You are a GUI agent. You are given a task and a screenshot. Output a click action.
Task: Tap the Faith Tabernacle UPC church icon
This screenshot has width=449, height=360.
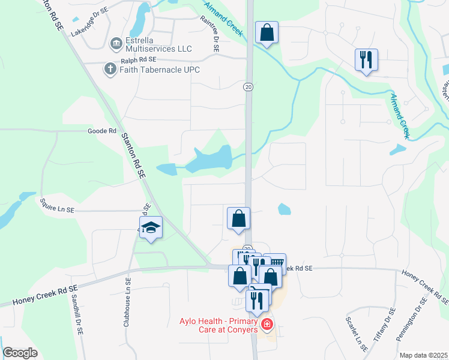coord(109,69)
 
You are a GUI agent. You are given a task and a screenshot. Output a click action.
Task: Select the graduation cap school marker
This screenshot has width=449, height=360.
coord(151,229)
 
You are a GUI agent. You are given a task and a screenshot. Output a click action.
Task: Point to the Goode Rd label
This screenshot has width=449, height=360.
coord(101,131)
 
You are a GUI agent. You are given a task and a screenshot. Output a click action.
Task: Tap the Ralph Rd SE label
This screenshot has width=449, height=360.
coord(137,59)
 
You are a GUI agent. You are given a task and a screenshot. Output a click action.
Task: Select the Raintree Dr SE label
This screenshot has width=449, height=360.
coord(216,34)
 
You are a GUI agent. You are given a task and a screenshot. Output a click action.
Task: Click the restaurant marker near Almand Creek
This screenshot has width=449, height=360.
coord(366,60)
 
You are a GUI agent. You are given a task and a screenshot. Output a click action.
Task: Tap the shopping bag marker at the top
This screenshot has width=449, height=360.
coord(267,33)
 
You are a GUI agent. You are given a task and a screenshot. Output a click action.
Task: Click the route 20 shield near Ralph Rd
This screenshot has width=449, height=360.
coord(247,87)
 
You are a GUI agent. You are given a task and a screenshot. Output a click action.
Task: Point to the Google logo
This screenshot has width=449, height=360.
coord(20,353)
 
